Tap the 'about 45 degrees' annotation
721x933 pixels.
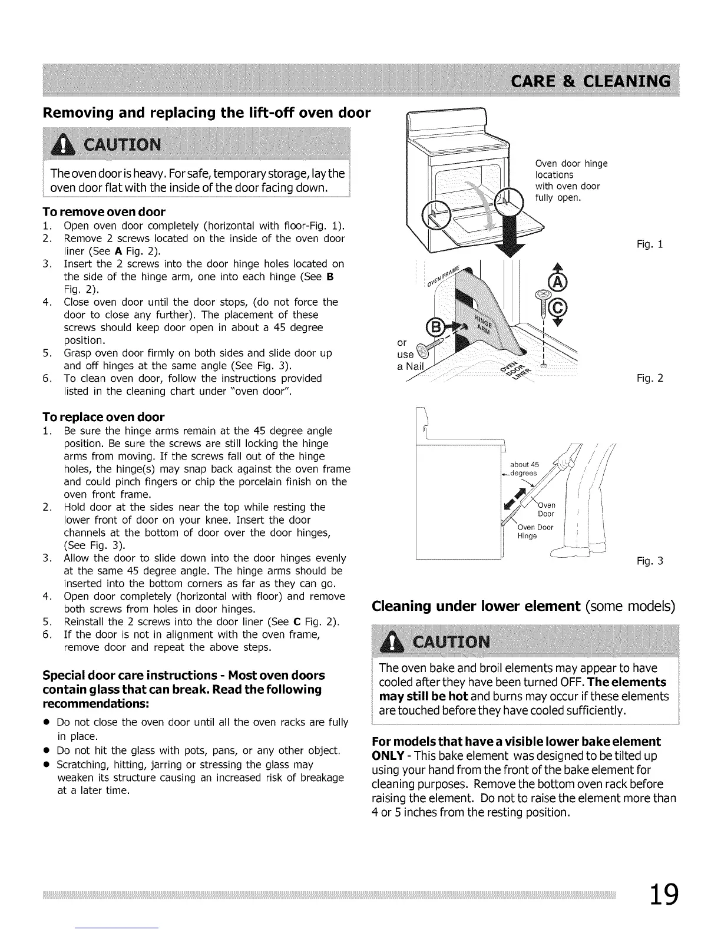[524, 469]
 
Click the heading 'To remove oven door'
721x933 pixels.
[104, 211]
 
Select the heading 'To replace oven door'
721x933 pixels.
[104, 417]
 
